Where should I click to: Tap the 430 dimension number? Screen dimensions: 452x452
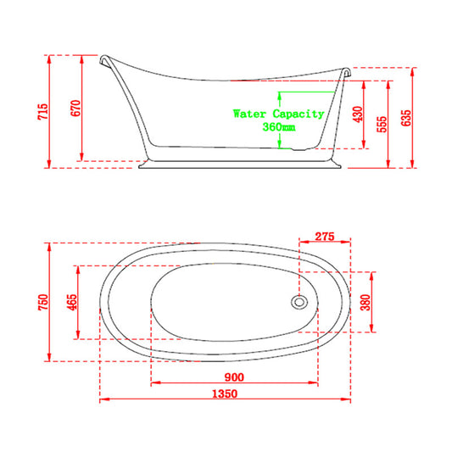pos(357,114)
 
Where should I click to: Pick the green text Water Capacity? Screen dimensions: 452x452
pos(278,113)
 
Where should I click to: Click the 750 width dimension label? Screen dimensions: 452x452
pos(43,302)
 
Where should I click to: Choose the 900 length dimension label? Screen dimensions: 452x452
pos(234,377)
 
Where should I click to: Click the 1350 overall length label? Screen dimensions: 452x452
pos(225,394)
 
